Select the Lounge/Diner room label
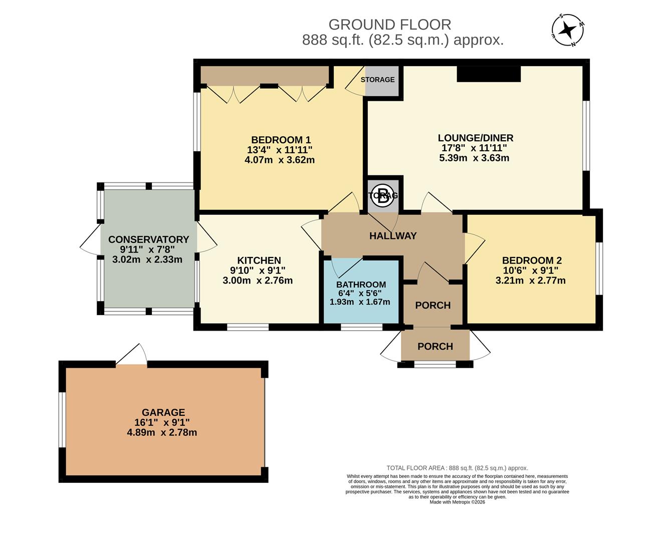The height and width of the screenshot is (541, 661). pyautogui.click(x=475, y=138)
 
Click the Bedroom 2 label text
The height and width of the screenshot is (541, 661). pyautogui.click(x=531, y=260)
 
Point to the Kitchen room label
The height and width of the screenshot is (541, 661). pyautogui.click(x=259, y=260)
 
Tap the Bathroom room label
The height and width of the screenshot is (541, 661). pyautogui.click(x=361, y=285)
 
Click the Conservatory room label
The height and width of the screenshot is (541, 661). pyautogui.click(x=148, y=239)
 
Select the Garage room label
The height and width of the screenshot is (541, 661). pyautogui.click(x=163, y=413)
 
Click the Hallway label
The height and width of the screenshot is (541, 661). pyautogui.click(x=392, y=236)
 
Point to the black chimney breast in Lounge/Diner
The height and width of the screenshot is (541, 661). pyautogui.click(x=489, y=74)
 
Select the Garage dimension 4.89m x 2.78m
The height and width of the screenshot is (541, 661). pyautogui.click(x=162, y=432)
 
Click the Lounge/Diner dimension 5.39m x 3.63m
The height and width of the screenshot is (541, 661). pyautogui.click(x=475, y=158)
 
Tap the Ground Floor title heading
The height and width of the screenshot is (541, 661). pyautogui.click(x=389, y=25)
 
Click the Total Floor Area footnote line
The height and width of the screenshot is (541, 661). pyautogui.click(x=457, y=468)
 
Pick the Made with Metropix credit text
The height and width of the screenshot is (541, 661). pyautogui.click(x=457, y=502)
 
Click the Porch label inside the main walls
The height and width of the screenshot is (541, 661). pyautogui.click(x=432, y=306)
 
